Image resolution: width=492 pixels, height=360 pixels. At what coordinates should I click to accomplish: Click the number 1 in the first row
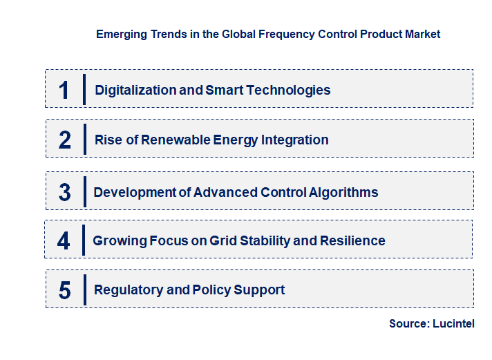pyautogui.click(x=64, y=90)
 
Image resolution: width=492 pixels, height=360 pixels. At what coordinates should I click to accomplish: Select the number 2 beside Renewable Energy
pyautogui.click(x=65, y=140)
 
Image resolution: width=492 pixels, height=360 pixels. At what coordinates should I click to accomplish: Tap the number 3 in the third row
pyautogui.click(x=65, y=193)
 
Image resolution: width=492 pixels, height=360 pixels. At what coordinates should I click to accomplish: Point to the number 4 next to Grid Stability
pyautogui.click(x=64, y=241)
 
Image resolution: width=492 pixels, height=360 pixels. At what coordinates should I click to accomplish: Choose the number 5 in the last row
pyautogui.click(x=65, y=290)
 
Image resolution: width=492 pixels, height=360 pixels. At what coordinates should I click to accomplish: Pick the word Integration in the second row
pyautogui.click(x=294, y=140)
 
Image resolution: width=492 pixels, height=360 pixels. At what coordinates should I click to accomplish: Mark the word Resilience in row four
pyautogui.click(x=350, y=241)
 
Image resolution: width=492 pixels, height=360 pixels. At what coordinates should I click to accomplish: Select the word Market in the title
pyautogui.click(x=423, y=34)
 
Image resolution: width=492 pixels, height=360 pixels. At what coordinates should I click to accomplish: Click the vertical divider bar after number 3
pyautogui.click(x=84, y=191)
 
